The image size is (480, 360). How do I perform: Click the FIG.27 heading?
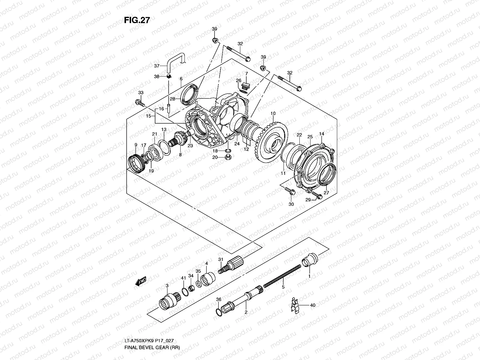point(137,20)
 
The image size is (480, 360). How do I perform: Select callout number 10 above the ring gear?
point(273,113)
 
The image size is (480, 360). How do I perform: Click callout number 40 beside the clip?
point(312,305)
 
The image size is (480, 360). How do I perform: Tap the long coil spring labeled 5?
point(282,275)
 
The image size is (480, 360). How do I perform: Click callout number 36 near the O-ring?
point(218,299)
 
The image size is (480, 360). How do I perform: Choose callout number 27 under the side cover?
point(326,193)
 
